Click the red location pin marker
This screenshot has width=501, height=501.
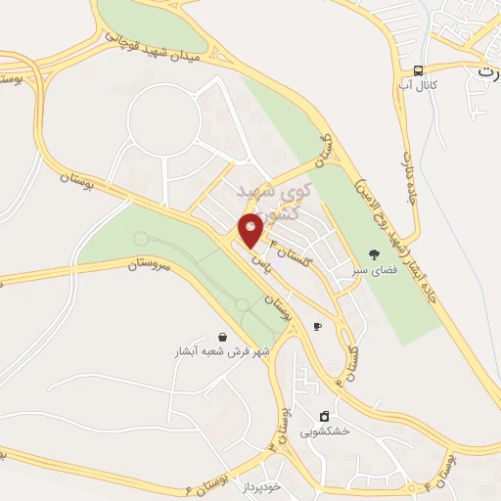click(251, 230)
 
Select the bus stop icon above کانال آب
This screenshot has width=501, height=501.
click(418, 70)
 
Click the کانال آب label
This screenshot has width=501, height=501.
click(418, 88)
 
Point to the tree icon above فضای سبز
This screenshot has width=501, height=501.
click(373, 253)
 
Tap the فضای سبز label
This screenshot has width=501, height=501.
click(373, 270)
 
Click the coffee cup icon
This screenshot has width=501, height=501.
click(316, 326)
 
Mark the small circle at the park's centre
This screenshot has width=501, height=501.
click(241, 305)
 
